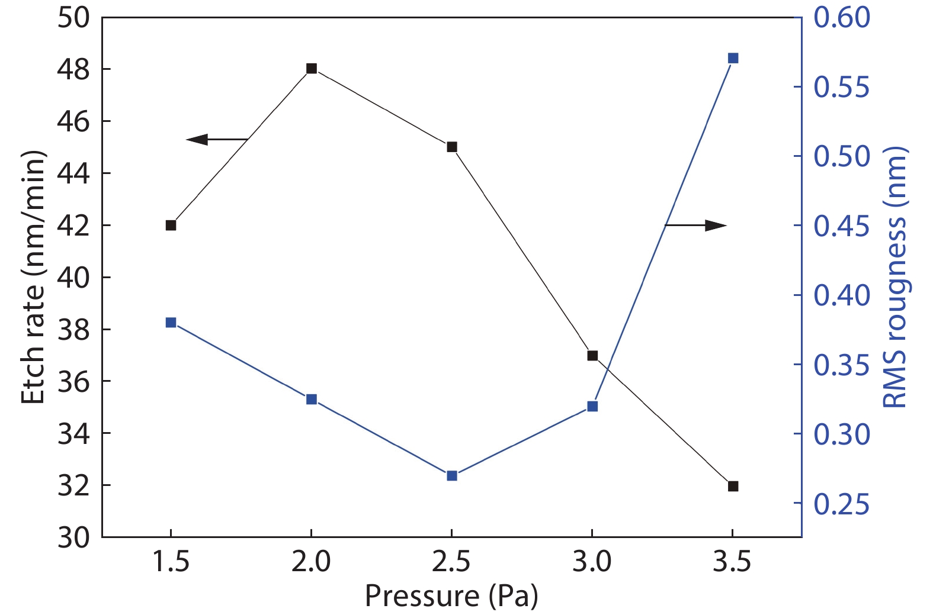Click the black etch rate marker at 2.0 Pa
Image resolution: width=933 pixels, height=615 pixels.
pyautogui.click(x=312, y=69)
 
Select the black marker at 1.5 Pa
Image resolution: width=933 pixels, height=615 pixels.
pyautogui.click(x=171, y=225)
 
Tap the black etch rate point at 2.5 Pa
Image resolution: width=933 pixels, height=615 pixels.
pyautogui.click(x=452, y=147)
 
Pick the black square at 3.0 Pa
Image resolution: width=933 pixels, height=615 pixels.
pyautogui.click(x=592, y=356)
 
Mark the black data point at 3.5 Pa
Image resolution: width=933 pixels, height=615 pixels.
pyautogui.click(x=733, y=486)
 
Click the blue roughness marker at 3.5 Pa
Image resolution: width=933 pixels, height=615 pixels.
pyautogui.click(x=733, y=58)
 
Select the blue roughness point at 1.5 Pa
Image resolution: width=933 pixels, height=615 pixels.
pyautogui.click(x=171, y=323)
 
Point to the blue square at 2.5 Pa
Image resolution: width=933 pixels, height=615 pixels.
pyautogui.click(x=452, y=475)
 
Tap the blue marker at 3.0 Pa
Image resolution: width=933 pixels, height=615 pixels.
pyautogui.click(x=592, y=406)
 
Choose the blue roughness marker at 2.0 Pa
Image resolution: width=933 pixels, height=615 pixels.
pyautogui.click(x=312, y=400)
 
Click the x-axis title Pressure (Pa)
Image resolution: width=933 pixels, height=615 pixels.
pyautogui.click(x=451, y=595)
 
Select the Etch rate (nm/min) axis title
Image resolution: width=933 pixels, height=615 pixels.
pyautogui.click(x=33, y=277)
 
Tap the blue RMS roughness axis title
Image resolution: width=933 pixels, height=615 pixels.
pyautogui.click(x=895, y=277)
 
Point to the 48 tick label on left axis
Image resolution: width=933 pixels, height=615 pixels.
pyautogui.click(x=73, y=69)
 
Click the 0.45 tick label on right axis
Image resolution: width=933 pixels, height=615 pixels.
pyautogui.click(x=842, y=226)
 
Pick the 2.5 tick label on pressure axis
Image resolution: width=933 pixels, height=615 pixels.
pyautogui.click(x=451, y=561)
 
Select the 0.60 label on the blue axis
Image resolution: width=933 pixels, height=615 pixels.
pyautogui.click(x=842, y=17)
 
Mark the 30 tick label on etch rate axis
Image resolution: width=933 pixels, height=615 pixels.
pyautogui.click(x=73, y=537)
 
